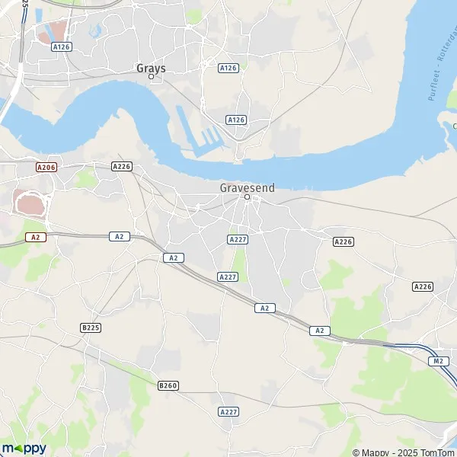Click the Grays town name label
tap(151, 68)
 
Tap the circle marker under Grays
tap(151, 76)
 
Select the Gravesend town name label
tap(247, 187)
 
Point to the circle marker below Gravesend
tap(247, 197)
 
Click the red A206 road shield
tap(46, 165)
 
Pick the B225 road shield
tap(91, 327)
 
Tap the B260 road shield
tap(168, 386)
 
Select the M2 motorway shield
tap(438, 360)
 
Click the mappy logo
tap(24, 448)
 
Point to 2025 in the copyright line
tap(406, 452)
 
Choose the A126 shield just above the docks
tap(236, 120)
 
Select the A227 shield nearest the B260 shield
tap(228, 411)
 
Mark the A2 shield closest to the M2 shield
tap(320, 330)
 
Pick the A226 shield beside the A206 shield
tap(122, 166)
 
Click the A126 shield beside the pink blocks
tap(62, 46)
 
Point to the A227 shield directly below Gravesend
tap(237, 239)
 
